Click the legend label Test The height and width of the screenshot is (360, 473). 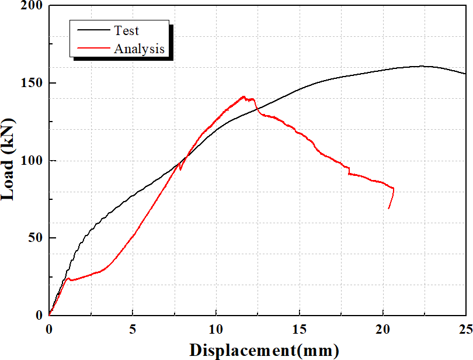point(127,31)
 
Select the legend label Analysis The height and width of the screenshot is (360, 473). point(139,49)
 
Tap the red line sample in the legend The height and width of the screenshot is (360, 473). point(91,49)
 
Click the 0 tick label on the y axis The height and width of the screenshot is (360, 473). point(39,315)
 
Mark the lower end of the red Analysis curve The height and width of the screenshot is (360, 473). point(388,208)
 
